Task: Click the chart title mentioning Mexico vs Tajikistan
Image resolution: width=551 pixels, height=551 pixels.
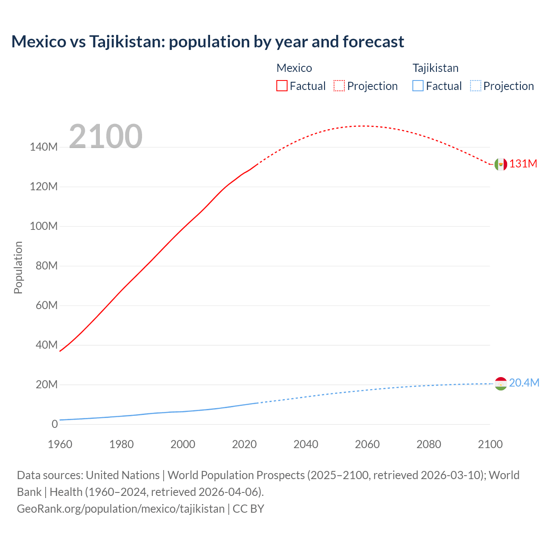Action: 207,42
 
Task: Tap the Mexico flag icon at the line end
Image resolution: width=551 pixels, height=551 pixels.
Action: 501,164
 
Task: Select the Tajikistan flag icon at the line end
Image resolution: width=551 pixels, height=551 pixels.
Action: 501,383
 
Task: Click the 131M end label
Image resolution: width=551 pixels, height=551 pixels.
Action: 523,164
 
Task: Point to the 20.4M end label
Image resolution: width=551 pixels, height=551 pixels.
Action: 524,383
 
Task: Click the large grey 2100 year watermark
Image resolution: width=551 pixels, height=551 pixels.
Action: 105,136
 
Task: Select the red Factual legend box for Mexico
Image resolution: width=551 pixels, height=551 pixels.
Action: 282,86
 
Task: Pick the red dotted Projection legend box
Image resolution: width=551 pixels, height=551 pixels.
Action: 339,86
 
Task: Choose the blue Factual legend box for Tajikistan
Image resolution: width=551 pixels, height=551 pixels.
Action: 418,86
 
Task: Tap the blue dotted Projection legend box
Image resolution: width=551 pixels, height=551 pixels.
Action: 476,86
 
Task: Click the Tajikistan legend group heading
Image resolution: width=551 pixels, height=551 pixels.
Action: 435,68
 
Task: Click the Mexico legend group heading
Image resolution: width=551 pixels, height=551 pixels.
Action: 294,68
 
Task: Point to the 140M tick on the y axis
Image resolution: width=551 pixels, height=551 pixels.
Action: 43,147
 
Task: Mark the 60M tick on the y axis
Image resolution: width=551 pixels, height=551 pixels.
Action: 46,306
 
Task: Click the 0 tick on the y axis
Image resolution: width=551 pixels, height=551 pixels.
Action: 55,424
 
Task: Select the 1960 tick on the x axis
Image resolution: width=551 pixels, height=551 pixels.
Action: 60,444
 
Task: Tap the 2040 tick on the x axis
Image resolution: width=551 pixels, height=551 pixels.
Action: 306,444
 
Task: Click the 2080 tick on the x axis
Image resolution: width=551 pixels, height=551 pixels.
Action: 429,444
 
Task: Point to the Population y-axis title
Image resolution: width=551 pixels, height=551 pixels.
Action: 18,267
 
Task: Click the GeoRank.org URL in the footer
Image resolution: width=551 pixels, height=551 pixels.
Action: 121,509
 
